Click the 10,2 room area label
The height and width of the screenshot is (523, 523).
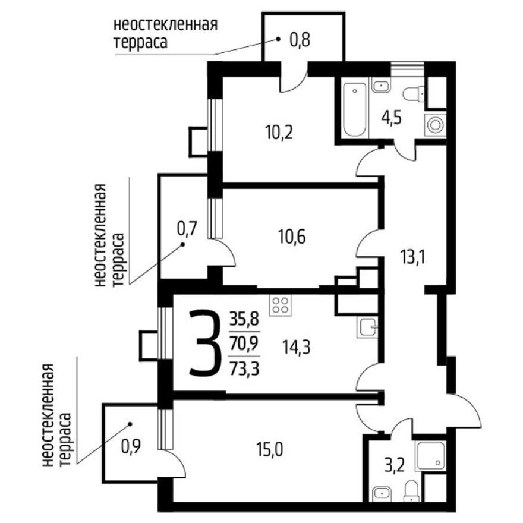point(279,131)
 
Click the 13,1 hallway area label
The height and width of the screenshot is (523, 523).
point(413,257)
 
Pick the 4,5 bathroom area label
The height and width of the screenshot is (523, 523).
point(392,116)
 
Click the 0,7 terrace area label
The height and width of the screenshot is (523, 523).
point(187,229)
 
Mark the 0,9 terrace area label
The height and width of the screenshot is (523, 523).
point(131,444)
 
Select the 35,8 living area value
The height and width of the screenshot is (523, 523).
point(244,320)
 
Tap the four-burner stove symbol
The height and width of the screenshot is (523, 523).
point(281,305)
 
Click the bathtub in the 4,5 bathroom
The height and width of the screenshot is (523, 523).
point(355,109)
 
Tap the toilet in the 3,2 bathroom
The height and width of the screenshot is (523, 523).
point(411,491)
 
